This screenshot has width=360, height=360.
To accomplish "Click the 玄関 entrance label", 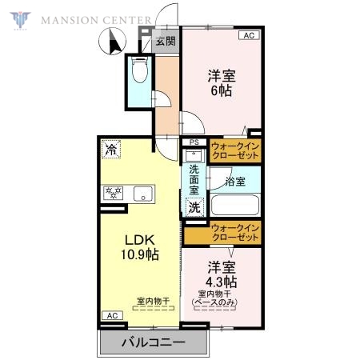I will [165, 42].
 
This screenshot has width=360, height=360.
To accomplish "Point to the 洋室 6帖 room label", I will [221, 84].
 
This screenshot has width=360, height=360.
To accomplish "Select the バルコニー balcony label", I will [153, 342].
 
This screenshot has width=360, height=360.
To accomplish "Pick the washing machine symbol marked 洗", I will [194, 206].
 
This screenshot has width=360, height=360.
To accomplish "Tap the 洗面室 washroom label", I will [194, 180].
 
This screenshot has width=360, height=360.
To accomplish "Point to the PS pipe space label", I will [194, 144].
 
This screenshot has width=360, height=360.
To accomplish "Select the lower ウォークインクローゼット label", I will [236, 233].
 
